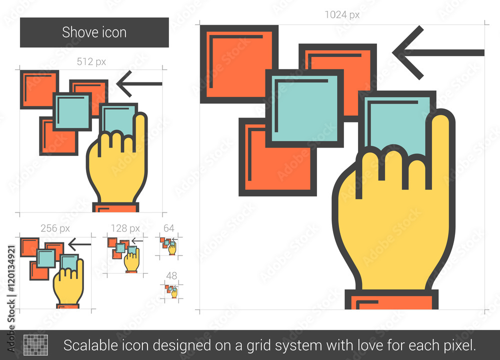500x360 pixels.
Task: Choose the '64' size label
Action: (169, 228)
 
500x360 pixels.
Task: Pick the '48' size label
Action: (171, 275)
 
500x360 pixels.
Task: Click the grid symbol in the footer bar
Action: (36, 345)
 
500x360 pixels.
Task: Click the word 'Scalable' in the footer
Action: (83, 345)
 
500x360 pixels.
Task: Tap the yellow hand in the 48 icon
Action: (174, 293)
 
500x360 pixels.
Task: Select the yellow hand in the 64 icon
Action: (172, 248)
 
